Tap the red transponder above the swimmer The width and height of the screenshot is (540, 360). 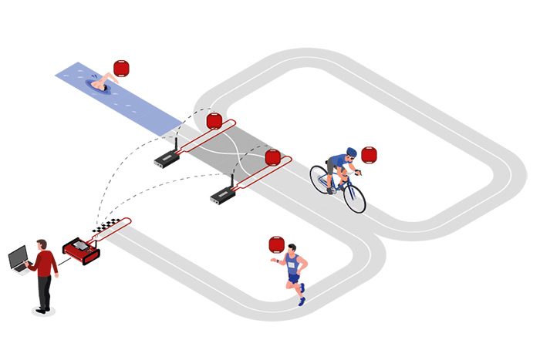pos(122,68)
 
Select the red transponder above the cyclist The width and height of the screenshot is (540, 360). pos(370,154)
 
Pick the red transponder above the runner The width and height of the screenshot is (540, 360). pos(276,245)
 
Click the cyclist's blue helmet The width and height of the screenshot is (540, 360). pos(351,152)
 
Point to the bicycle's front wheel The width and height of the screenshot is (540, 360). pos(354,197)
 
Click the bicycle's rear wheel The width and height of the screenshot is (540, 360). pos(319,179)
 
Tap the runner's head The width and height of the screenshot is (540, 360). pos(292,249)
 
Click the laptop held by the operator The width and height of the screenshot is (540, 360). pos(19,259)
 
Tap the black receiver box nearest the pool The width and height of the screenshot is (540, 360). pos(167,159)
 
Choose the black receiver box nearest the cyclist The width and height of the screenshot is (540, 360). pos(222,197)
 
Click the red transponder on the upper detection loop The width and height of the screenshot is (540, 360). pos(214,121)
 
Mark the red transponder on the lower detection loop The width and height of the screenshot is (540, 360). pos(272,157)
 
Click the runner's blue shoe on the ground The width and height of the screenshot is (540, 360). pos(302,301)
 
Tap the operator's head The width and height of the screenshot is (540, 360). pos(43,244)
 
